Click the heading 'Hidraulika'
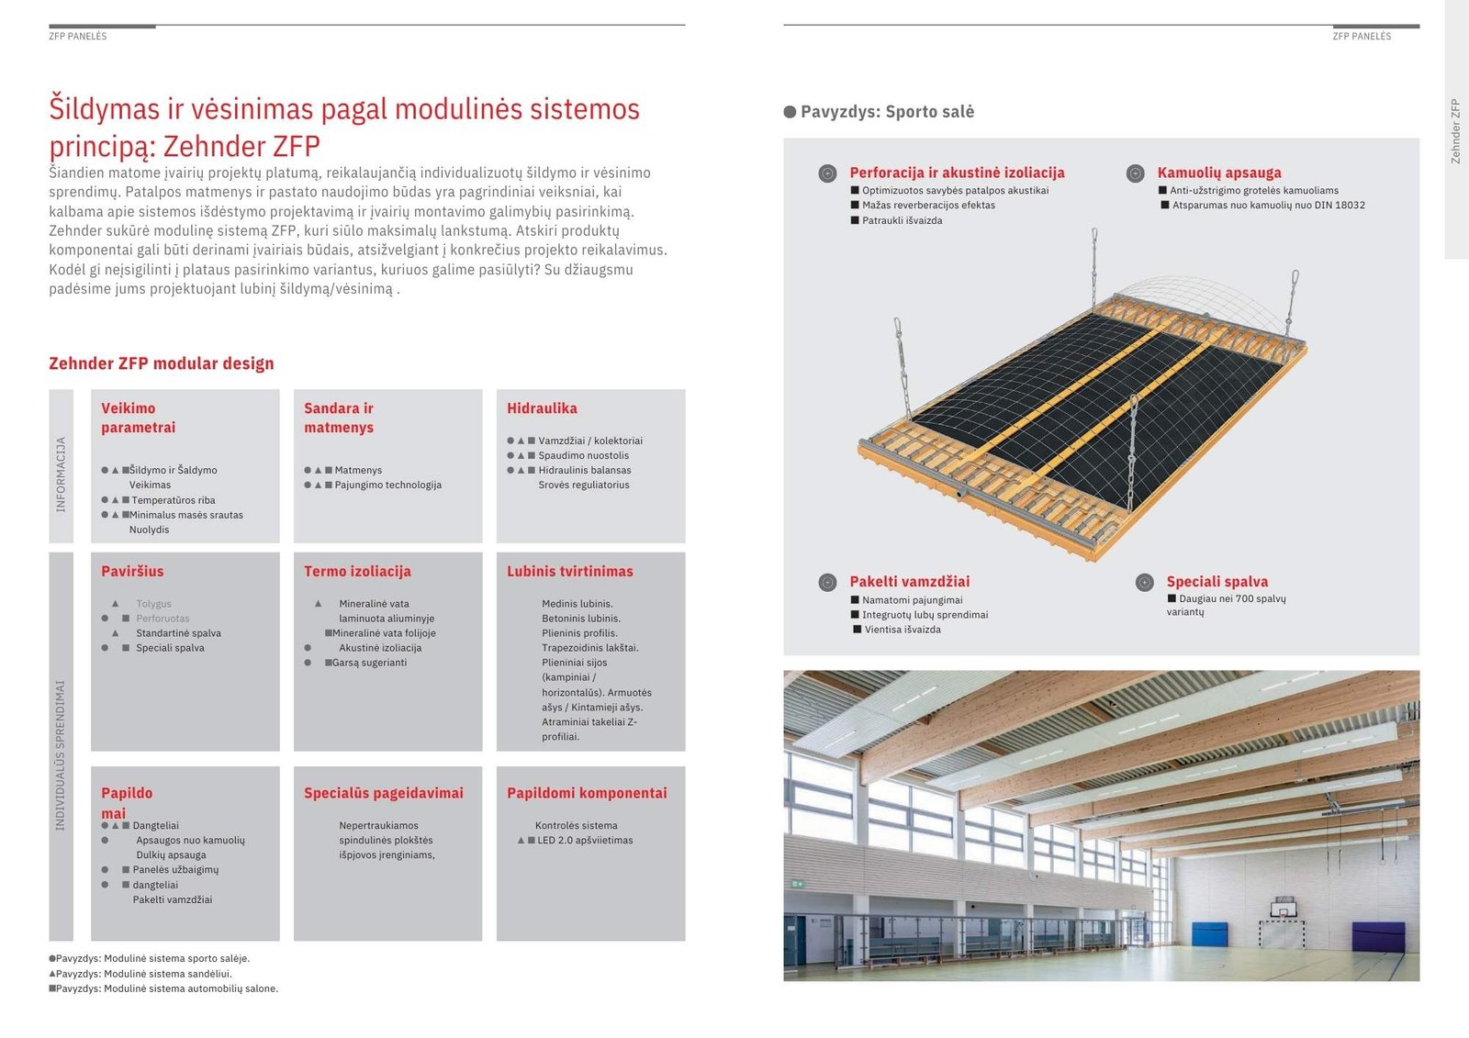pos(542,407)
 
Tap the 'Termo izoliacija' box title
pos(357,571)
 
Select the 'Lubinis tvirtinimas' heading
pos(570,571)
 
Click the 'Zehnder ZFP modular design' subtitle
pos(162,363)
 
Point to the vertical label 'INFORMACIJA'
pos(61,474)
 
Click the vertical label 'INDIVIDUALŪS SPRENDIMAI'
pos(61,755)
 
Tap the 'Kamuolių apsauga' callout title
pos(1219,173)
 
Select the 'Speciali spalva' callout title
pos(1217,582)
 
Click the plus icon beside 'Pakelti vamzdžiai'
pos(827,582)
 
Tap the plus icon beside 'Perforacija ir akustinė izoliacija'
pos(827,173)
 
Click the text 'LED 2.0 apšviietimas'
pos(585,840)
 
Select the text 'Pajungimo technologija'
pos(387,485)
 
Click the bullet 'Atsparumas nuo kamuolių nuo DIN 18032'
pos(1268,206)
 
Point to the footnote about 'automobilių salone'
pos(164,988)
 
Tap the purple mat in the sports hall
pos(1378,933)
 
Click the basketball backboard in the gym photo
pos(1283,909)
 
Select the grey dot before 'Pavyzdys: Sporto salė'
pos(790,111)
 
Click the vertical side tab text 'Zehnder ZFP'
pos(1455,131)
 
